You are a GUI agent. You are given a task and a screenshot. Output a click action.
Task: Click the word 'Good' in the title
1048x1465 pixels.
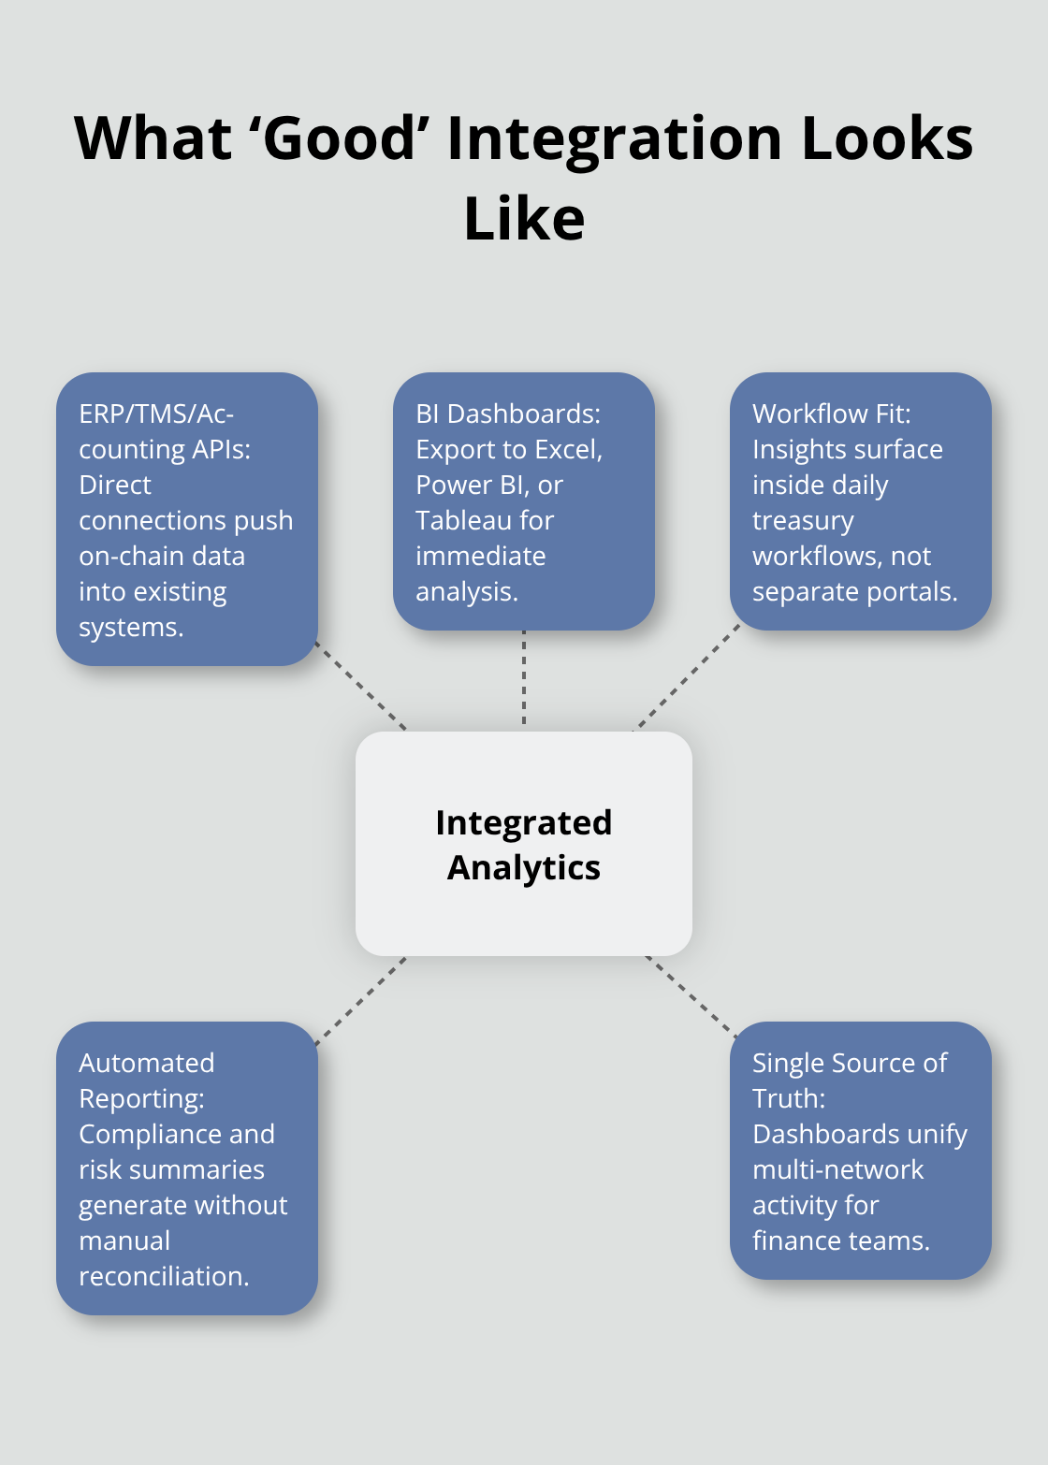[340, 138]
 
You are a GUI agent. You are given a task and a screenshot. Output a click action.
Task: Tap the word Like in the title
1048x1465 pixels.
[524, 220]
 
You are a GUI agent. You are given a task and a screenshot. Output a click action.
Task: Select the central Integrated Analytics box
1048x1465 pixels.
[524, 844]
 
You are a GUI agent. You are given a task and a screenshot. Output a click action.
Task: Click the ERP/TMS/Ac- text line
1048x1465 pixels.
[156, 413]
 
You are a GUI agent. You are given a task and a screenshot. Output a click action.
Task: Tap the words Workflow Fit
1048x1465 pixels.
[831, 413]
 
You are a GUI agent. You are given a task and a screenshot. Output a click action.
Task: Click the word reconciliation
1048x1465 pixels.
[164, 1276]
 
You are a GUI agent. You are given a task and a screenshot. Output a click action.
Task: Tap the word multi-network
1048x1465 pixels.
[837, 1169]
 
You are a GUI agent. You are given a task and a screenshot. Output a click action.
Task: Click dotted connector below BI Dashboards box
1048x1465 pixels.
[524, 679]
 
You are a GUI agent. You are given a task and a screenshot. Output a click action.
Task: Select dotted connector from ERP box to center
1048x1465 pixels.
[362, 688]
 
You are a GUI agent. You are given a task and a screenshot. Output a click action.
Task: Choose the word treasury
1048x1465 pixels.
[803, 520]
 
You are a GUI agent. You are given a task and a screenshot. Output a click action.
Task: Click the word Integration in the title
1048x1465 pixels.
[614, 138]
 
